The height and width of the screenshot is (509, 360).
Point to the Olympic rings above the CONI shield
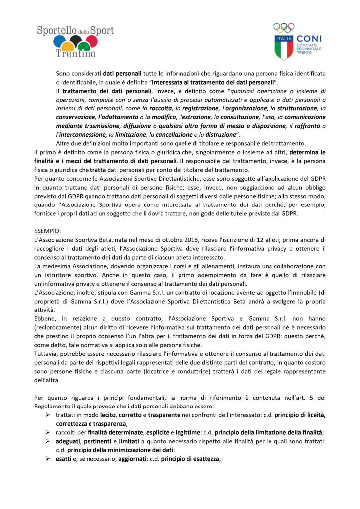284,27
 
